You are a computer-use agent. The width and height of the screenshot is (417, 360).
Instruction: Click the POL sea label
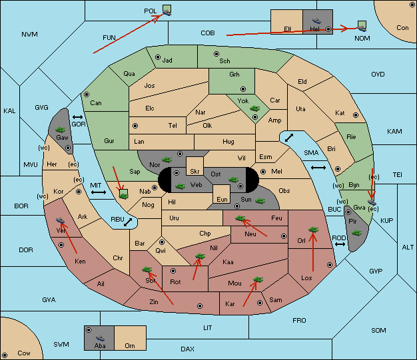tap(151, 11)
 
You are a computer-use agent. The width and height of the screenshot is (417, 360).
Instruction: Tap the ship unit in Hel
tap(316, 21)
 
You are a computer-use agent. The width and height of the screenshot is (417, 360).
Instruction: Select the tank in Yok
tap(254, 108)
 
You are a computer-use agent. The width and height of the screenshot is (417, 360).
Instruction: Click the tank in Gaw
tap(60, 130)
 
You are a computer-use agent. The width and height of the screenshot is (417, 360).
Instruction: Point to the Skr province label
tap(195, 172)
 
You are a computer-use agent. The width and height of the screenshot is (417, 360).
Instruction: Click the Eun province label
tap(222, 199)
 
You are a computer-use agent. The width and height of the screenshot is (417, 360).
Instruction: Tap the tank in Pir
tap(356, 233)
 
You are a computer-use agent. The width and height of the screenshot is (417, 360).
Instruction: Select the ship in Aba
tap(100, 338)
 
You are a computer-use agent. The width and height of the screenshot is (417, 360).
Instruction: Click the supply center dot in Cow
tap(5, 355)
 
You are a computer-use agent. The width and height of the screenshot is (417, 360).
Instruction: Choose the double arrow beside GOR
tap(78, 117)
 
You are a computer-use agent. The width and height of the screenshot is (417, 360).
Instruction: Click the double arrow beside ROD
tap(340, 244)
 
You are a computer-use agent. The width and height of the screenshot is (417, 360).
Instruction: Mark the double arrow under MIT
tap(99, 192)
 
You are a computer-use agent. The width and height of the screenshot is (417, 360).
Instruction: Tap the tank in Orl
tap(313, 230)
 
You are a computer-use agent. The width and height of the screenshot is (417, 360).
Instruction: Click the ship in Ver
tap(61, 220)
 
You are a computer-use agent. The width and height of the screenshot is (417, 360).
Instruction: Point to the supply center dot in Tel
tap(135, 125)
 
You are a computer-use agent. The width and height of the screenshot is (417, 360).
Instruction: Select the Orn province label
tap(130, 345)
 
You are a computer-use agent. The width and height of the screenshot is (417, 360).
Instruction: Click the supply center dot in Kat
tap(356, 115)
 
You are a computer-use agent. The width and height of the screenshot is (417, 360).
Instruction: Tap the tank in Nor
tap(167, 160)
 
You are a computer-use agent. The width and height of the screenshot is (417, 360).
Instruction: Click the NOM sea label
tap(362, 39)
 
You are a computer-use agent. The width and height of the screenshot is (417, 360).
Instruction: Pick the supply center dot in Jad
tap(158, 57)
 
